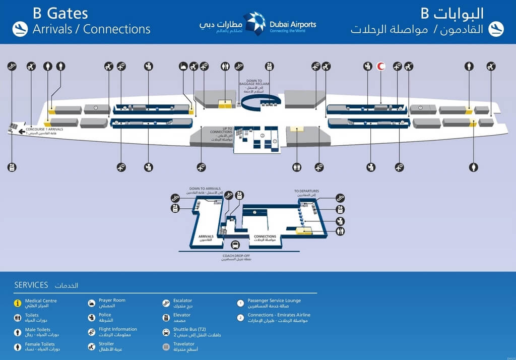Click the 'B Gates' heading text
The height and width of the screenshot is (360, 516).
60,13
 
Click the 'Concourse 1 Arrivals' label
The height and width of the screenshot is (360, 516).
44,130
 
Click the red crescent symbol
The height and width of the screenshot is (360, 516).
381,66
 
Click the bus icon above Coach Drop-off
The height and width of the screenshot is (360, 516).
235,246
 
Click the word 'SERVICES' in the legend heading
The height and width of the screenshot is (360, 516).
31,285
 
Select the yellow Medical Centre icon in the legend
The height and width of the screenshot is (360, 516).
18,303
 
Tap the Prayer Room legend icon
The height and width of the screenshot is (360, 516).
91,303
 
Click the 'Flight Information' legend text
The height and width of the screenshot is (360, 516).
118,329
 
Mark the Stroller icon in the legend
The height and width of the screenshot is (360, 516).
91,346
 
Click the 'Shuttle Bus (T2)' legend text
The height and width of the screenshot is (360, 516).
189,329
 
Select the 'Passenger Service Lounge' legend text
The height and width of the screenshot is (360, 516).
274,301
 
